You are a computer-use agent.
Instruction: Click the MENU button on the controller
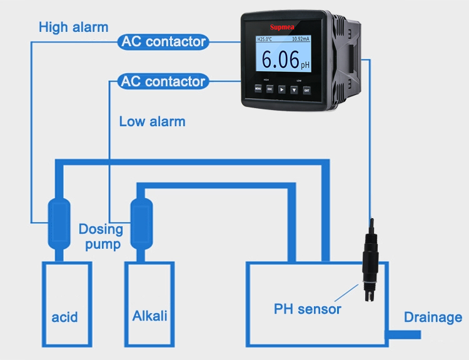pyautogui.click(x=258, y=89)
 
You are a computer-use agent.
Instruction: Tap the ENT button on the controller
pyautogui.click(x=306, y=89)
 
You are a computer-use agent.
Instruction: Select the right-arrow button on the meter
pyautogui.click(x=282, y=89)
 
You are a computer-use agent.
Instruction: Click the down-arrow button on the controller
pyautogui.click(x=294, y=89)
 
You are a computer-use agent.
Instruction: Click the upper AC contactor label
pyautogui.click(x=163, y=42)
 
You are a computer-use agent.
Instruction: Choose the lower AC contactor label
pyautogui.click(x=163, y=81)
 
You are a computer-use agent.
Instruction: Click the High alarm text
pyautogui.click(x=73, y=27)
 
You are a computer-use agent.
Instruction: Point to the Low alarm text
pyautogui.click(x=152, y=121)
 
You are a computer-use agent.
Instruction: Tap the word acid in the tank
pyautogui.click(x=65, y=317)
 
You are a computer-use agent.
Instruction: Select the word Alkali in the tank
pyautogui.click(x=150, y=316)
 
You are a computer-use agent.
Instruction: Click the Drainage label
pyautogui.click(x=433, y=317)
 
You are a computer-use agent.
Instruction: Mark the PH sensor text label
pyautogui.click(x=308, y=309)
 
